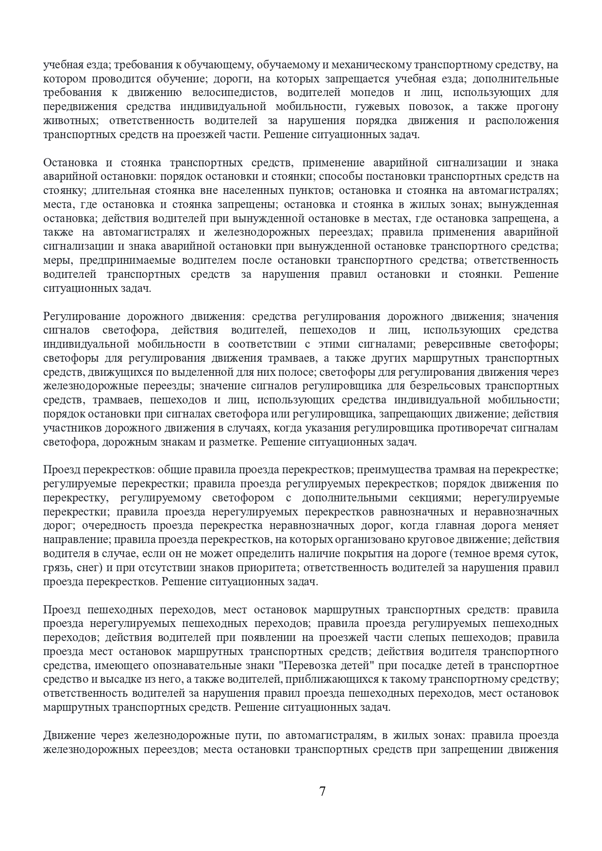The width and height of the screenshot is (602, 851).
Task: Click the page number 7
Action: click(322, 791)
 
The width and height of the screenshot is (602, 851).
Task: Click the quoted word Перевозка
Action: click(308, 666)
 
